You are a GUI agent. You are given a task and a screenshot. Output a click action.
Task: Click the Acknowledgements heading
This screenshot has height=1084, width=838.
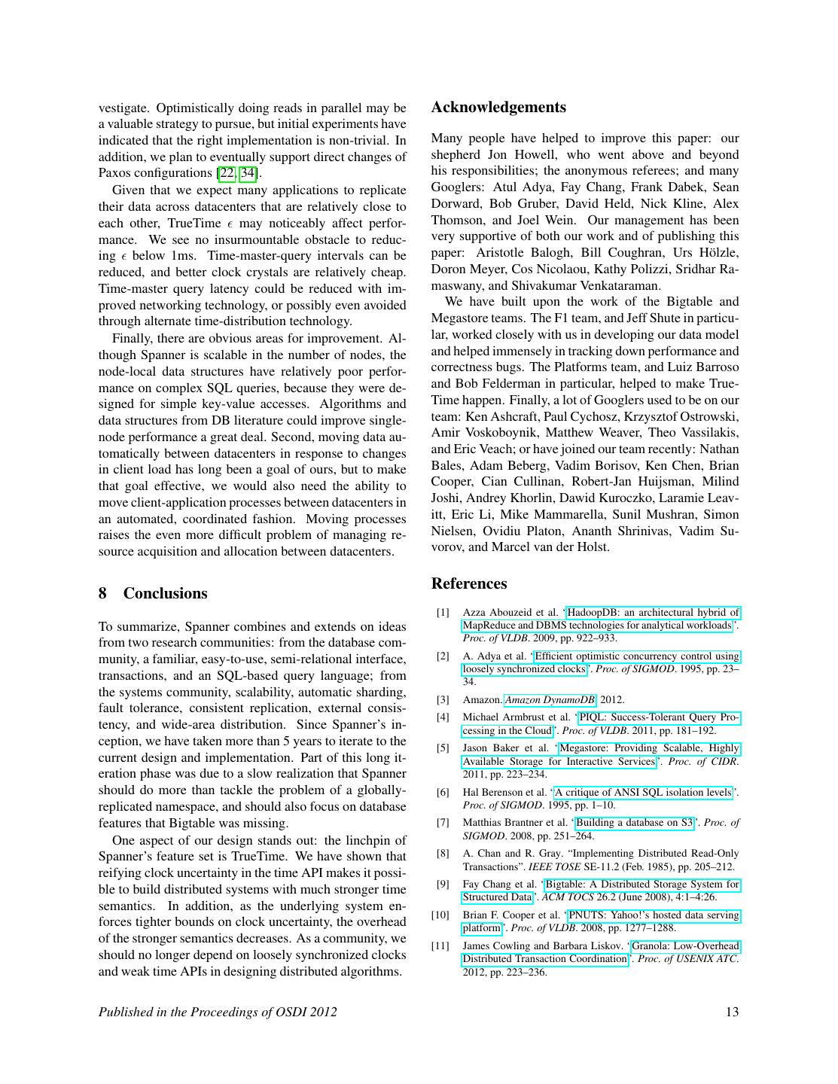pos(498,108)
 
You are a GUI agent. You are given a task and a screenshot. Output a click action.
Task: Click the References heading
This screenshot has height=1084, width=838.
pos(468,583)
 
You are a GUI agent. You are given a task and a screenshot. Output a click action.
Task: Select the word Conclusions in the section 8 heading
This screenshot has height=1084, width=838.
pos(165,593)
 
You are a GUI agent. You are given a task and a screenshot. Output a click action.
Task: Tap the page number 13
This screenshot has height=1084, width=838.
pos(732,1012)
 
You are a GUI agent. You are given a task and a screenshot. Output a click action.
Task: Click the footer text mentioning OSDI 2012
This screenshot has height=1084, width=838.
pos(218,1012)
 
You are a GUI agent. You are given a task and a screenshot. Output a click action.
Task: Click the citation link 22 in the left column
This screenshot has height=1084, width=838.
pos(226,173)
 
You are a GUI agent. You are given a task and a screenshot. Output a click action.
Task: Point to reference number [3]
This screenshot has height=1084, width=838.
pos(443,700)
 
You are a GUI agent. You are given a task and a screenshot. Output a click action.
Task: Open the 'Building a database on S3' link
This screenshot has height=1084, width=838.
pos(634,823)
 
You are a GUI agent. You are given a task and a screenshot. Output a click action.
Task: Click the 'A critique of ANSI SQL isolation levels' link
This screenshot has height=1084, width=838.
pos(643,792)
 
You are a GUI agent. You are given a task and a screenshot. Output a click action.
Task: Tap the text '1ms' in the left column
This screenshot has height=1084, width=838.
pos(184,256)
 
